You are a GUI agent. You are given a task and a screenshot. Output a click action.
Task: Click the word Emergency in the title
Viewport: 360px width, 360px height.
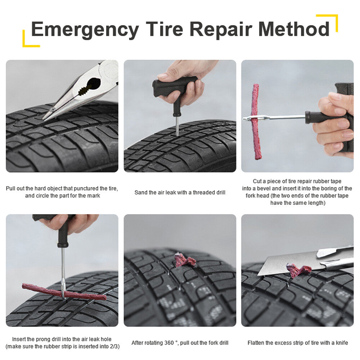[85, 30]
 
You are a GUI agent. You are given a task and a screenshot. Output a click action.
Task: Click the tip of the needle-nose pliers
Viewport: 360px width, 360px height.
[45, 118]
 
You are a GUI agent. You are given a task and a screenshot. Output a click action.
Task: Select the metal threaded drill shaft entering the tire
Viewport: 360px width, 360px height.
[177, 126]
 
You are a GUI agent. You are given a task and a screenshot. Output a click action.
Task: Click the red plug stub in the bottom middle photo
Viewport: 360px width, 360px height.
[185, 260]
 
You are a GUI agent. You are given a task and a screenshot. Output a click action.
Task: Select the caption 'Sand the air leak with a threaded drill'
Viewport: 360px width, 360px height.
[180, 193]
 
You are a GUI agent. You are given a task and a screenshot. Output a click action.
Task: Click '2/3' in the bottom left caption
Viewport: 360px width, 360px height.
[114, 346]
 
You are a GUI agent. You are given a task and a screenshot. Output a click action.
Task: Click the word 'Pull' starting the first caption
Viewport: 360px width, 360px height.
[11, 189]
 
